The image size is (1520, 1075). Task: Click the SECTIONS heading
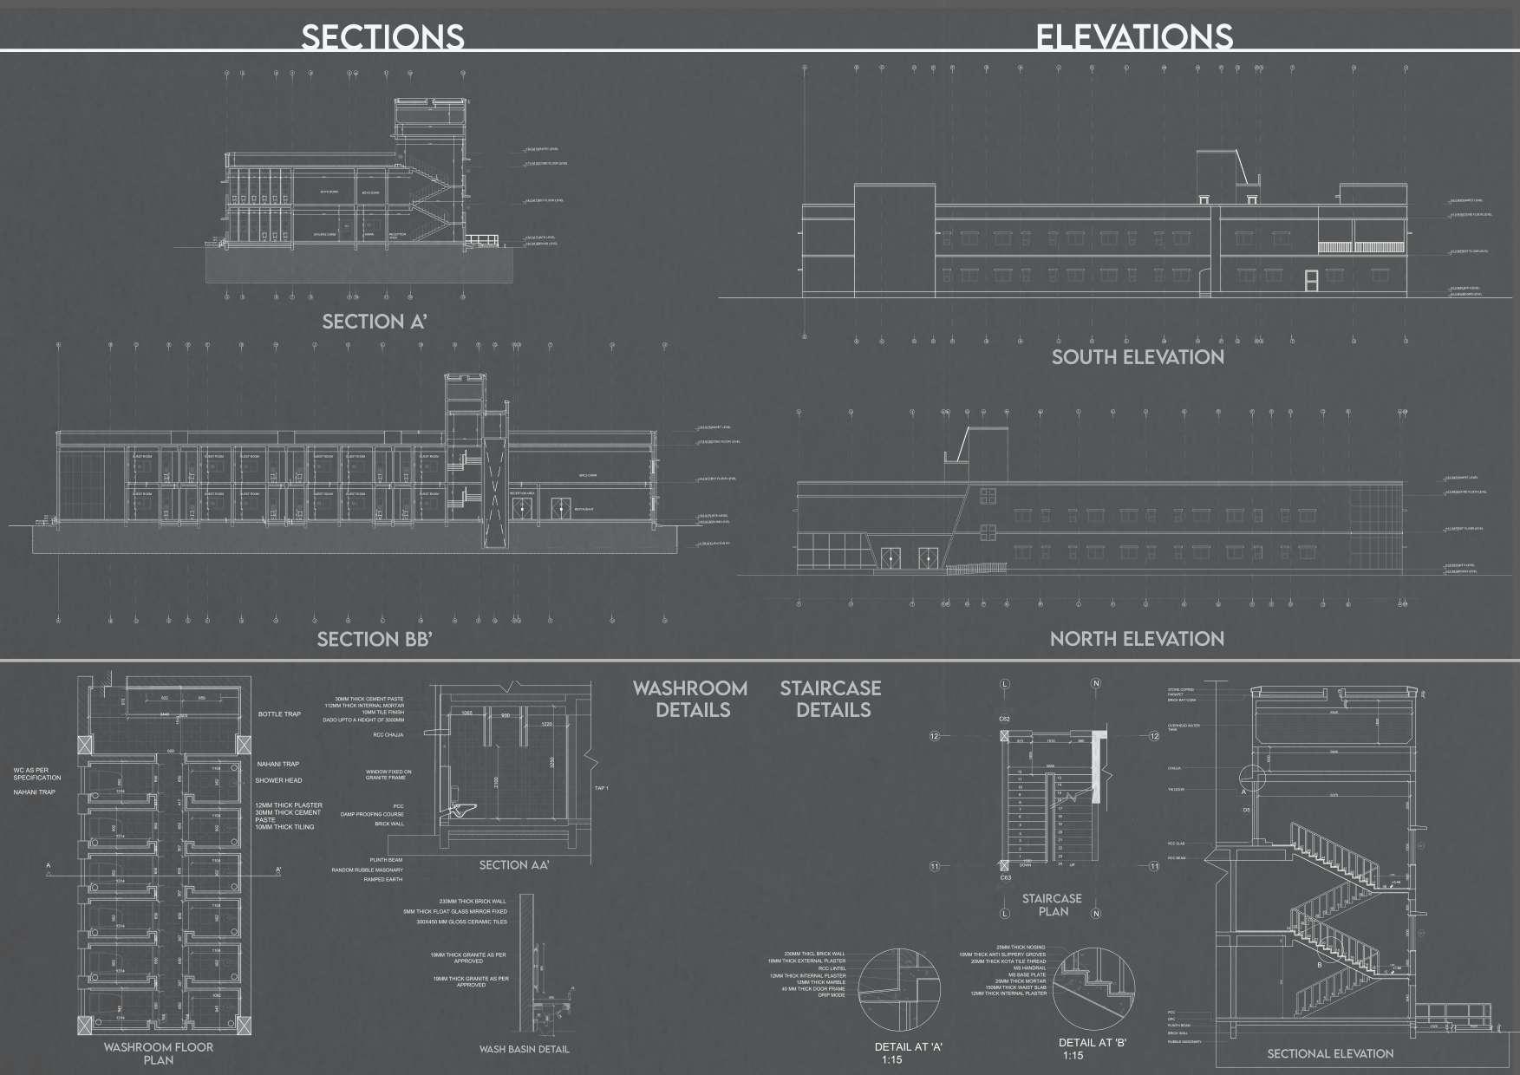(x=382, y=36)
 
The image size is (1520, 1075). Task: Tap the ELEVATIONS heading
(x=1133, y=36)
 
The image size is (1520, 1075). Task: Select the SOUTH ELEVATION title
(x=1138, y=356)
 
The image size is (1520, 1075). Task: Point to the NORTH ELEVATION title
(x=1137, y=639)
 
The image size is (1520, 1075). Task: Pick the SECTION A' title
(x=375, y=322)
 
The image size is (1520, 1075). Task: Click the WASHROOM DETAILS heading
(x=690, y=699)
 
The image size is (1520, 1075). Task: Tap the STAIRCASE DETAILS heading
(x=831, y=699)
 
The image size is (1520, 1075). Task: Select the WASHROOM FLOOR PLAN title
(x=159, y=1053)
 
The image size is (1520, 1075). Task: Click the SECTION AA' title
(x=514, y=864)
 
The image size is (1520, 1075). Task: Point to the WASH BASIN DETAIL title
(x=525, y=1049)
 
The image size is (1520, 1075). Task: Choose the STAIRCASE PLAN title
(x=1052, y=904)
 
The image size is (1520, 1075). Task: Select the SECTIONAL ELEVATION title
(x=1330, y=1053)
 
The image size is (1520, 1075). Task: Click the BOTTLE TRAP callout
(x=279, y=714)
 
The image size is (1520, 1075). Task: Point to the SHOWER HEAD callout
(x=278, y=780)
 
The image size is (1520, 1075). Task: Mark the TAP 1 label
(x=602, y=788)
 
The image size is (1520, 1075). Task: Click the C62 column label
(x=1004, y=720)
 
